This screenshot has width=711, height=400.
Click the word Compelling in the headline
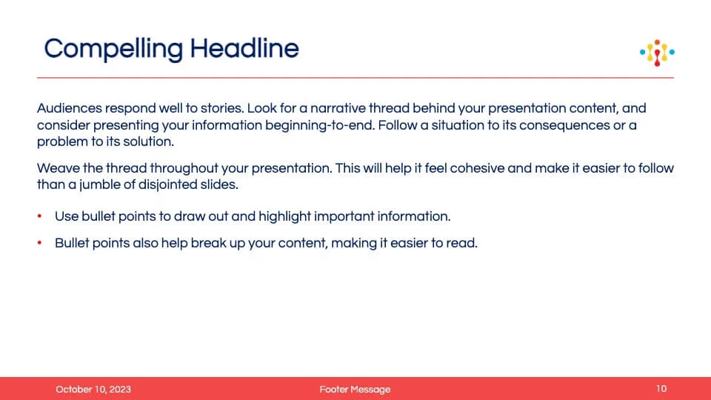click(x=113, y=49)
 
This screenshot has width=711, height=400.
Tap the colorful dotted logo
click(x=657, y=53)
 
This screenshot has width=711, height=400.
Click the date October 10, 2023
click(x=93, y=389)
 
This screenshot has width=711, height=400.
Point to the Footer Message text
click(x=355, y=389)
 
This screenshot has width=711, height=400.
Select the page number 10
click(x=661, y=389)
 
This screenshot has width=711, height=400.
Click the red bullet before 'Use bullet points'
click(x=39, y=216)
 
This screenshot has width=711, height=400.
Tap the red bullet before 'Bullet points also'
click(x=39, y=243)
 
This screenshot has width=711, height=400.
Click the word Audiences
click(x=70, y=108)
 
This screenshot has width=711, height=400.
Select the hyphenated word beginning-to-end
click(x=320, y=126)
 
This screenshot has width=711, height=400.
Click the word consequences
click(x=564, y=126)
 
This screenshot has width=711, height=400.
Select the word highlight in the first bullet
click(x=284, y=217)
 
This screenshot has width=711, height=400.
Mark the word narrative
click(x=338, y=108)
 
